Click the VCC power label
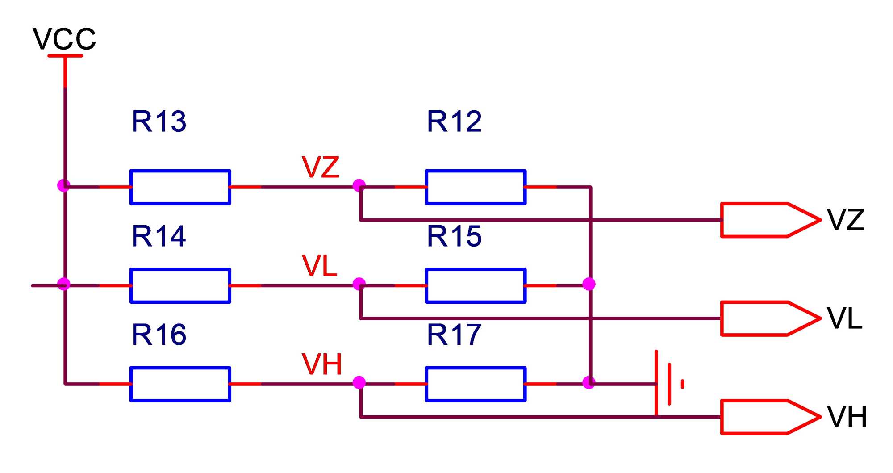[x=64, y=39]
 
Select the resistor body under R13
[x=180, y=187]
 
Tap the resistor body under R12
[x=476, y=187]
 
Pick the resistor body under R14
[x=180, y=286]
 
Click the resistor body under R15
[x=476, y=286]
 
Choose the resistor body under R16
[x=180, y=384]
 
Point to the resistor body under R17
[x=476, y=384]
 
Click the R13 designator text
[x=159, y=121]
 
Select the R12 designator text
[x=455, y=121]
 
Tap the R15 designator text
[x=455, y=236]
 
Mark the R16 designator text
[x=159, y=335]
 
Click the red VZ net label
[x=321, y=167]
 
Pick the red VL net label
[x=319, y=266]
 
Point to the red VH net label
[x=322, y=364]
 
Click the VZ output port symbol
[x=770, y=220]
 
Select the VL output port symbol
[x=770, y=318]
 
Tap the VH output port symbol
[x=770, y=417]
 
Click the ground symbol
[x=668, y=384]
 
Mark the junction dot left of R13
[x=64, y=185]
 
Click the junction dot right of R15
[x=589, y=284]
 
